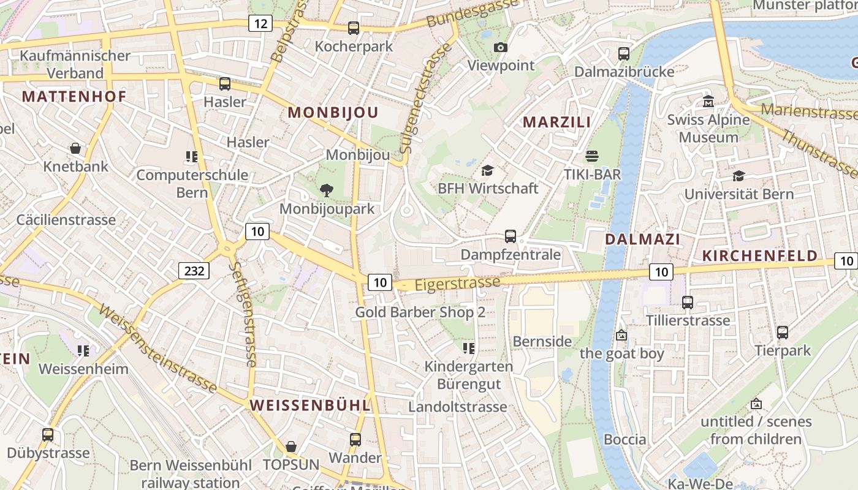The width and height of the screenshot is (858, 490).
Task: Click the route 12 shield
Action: [260, 24]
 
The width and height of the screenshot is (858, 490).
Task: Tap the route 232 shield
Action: [194, 270]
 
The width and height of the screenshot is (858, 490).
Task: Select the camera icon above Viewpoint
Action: [501, 48]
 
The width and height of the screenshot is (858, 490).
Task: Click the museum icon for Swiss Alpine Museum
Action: [708, 101]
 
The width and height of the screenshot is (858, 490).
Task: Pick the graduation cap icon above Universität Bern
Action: [738, 176]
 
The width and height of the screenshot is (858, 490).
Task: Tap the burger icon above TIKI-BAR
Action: [591, 156]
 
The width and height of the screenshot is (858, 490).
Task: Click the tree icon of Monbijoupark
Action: [327, 190]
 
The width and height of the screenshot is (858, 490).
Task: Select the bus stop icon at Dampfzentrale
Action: [510, 236]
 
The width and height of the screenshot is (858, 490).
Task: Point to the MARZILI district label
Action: [556, 122]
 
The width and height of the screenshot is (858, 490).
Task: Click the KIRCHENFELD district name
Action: [759, 256]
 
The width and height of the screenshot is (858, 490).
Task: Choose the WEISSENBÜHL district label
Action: [310, 405]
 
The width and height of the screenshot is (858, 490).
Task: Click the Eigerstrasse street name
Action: [457, 284]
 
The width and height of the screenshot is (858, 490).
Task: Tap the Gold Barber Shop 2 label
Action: [420, 312]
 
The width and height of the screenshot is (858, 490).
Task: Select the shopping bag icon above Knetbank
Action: [75, 148]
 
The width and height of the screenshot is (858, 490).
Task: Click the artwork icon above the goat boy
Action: [621, 335]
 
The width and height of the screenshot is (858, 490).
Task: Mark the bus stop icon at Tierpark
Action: [783, 333]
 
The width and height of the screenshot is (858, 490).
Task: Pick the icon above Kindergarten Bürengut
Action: [469, 349]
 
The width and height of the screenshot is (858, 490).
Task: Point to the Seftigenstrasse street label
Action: [243, 315]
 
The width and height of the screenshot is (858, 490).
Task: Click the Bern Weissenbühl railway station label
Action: [191, 473]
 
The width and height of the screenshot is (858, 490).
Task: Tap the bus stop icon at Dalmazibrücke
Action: [624, 54]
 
